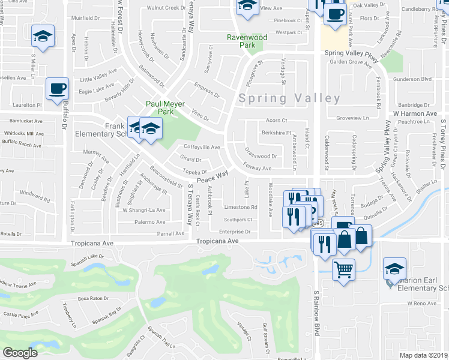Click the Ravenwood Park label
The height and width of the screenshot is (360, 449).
246,41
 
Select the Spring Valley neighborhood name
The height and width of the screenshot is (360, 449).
289,98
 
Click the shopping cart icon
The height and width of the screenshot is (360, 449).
343,269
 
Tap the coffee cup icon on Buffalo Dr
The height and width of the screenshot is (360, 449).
58,89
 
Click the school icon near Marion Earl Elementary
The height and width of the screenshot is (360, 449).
395,268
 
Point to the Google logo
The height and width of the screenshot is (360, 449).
20,353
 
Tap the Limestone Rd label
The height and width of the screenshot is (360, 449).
240,207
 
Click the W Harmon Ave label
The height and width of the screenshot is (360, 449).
415,113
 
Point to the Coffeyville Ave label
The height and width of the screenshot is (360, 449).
202,147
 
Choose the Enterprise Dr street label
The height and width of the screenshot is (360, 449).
234,231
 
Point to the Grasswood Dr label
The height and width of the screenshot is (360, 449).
261,156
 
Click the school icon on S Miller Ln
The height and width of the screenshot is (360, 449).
43,35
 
